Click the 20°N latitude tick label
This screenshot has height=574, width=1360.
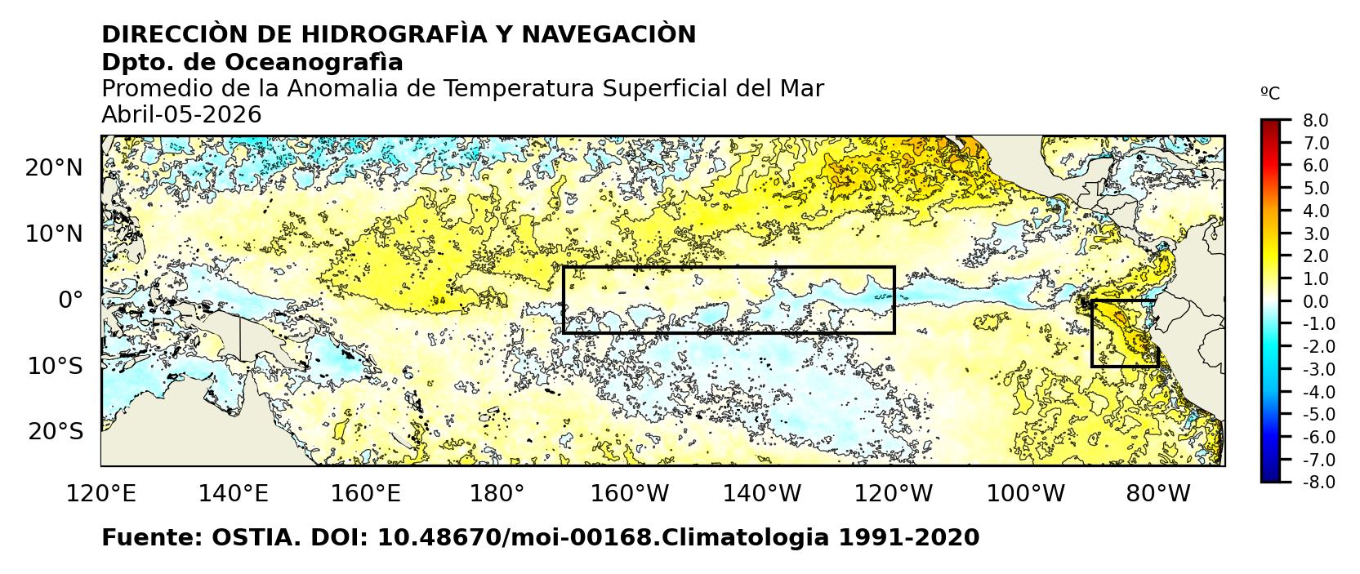point(54,168)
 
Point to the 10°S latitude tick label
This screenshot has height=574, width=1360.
point(55,366)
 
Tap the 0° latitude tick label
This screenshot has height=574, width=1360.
point(70,300)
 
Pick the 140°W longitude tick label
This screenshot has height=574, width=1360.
point(768,493)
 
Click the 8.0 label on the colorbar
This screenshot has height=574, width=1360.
point(1315,120)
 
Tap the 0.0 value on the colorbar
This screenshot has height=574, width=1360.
point(1315,301)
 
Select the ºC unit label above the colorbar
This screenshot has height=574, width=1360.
point(1270,94)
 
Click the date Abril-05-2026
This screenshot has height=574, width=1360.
point(181,115)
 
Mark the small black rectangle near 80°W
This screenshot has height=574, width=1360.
point(1124,333)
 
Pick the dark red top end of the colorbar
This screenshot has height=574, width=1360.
point(1270,124)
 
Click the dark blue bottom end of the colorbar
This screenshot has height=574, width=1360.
point(1270,477)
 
